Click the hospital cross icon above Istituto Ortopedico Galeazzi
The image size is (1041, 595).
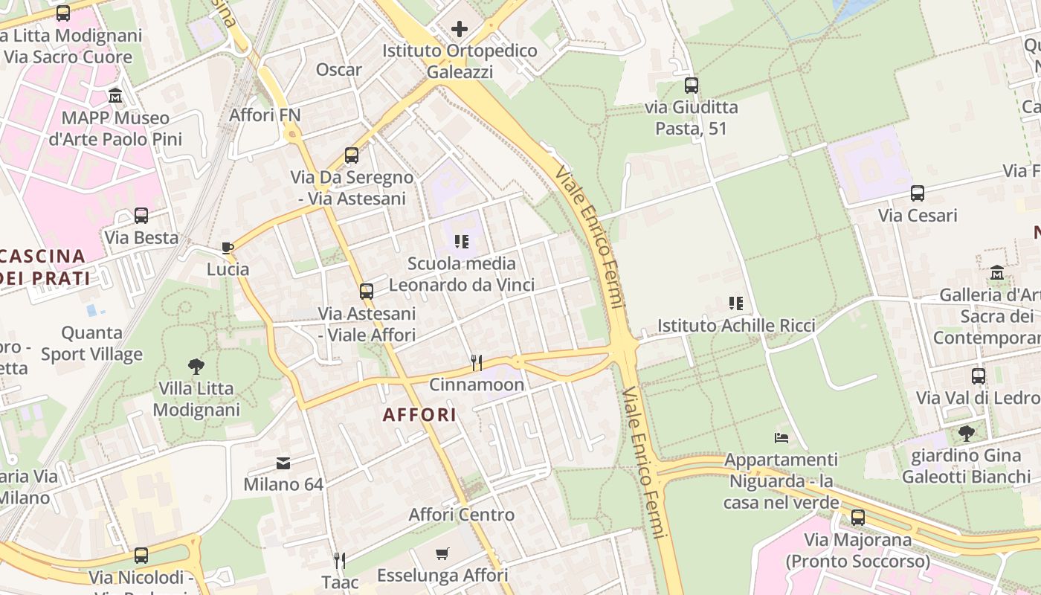tap(460, 29)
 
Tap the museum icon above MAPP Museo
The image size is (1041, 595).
tap(115, 96)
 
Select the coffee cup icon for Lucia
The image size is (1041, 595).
tap(228, 248)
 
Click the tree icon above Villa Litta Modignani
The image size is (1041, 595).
tap(196, 366)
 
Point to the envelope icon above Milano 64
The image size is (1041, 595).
tap(283, 463)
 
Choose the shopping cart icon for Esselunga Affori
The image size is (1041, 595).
tap(442, 553)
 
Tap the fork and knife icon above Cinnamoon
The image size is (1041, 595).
tap(477, 363)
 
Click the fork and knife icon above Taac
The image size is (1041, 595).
tap(340, 560)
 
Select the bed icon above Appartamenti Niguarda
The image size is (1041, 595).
tap(781, 437)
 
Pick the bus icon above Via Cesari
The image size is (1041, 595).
tap(918, 193)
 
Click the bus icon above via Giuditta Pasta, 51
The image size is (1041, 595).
tap(692, 86)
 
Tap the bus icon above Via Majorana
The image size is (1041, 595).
tap(858, 518)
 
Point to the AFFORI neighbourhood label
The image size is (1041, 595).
tap(419, 415)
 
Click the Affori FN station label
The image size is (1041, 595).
tap(265, 115)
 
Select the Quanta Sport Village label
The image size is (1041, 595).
tap(92, 343)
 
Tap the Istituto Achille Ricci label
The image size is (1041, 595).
tap(736, 326)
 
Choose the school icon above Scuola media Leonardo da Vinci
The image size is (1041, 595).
tap(462, 242)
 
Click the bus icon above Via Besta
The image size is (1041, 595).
tap(141, 216)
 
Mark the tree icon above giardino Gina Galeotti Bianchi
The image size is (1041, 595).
tap(966, 433)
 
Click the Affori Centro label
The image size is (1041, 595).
tap(461, 515)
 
